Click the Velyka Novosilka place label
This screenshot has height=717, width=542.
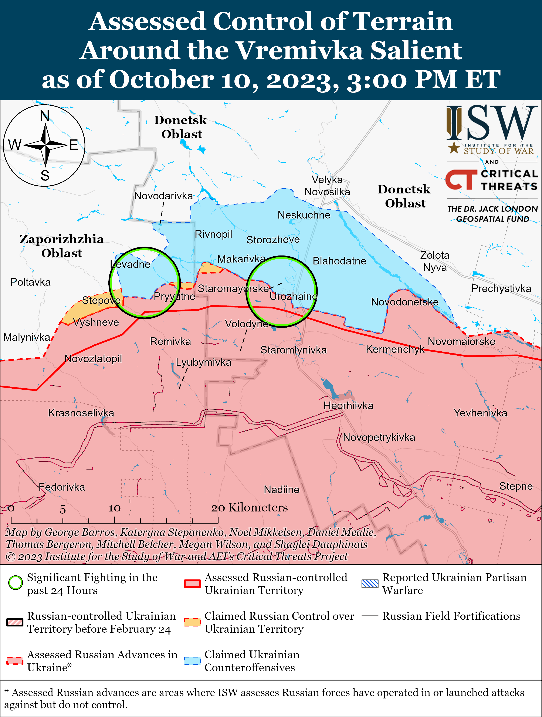click(327, 186)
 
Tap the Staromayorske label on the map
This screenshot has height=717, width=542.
click(233, 288)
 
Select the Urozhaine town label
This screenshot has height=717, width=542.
click(293, 296)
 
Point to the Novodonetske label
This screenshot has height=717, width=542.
click(404, 302)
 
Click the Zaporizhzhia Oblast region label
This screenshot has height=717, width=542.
click(62, 246)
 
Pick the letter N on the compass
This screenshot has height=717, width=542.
click(45, 116)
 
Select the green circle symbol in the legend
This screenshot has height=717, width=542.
click(15, 582)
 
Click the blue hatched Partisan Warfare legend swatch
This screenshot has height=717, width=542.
click(370, 584)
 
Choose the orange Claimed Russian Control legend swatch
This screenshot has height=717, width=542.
click(192, 622)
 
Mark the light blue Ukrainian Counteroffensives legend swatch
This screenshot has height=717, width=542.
click(192, 661)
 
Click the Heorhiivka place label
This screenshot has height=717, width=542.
click(349, 406)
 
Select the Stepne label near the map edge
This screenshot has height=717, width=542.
click(516, 486)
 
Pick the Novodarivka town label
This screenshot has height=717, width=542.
click(163, 196)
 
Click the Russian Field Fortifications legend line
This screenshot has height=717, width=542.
click(370, 616)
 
